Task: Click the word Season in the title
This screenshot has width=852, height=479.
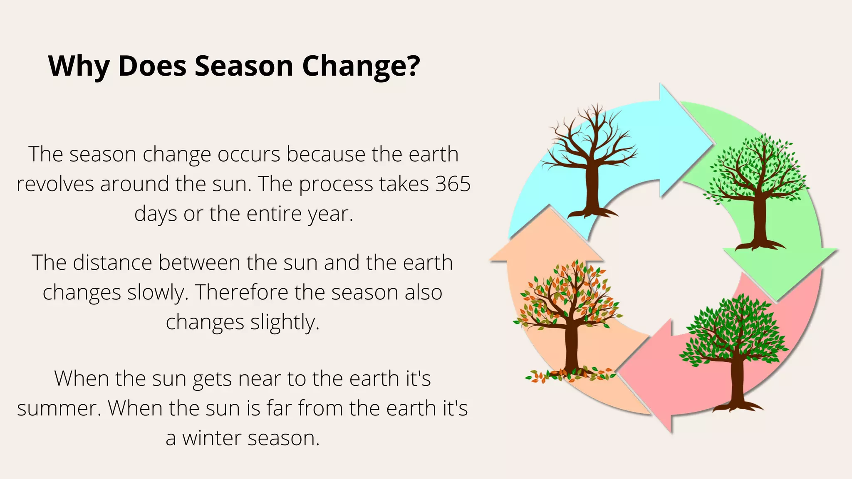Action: (x=244, y=66)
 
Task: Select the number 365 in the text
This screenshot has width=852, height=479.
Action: (x=453, y=184)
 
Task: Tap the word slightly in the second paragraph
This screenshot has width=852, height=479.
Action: (x=285, y=322)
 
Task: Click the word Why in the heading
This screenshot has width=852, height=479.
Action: (x=79, y=66)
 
